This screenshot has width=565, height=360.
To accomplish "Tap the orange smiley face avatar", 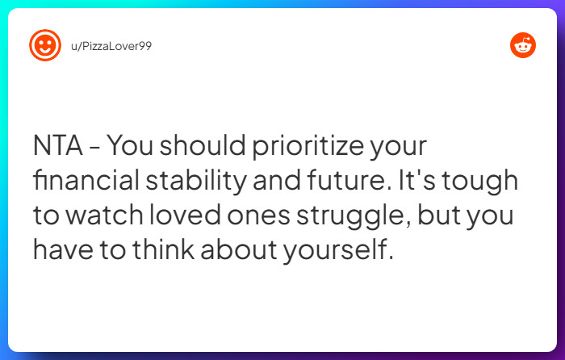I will pos(45,45).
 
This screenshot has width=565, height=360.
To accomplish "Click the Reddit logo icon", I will pos(522,45).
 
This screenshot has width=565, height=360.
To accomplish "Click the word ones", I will pos(251,216).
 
